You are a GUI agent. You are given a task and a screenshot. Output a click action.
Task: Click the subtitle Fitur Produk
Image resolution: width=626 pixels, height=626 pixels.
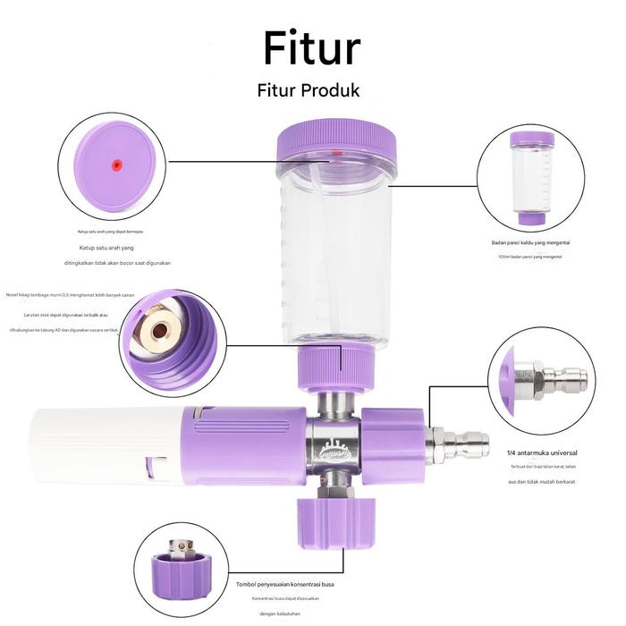308,90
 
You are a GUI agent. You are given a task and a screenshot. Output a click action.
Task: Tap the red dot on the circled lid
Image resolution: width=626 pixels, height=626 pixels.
115,164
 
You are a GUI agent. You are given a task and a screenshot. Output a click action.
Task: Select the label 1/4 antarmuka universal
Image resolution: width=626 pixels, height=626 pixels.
541,453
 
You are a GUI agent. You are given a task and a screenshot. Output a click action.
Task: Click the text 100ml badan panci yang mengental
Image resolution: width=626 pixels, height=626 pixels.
530,257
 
